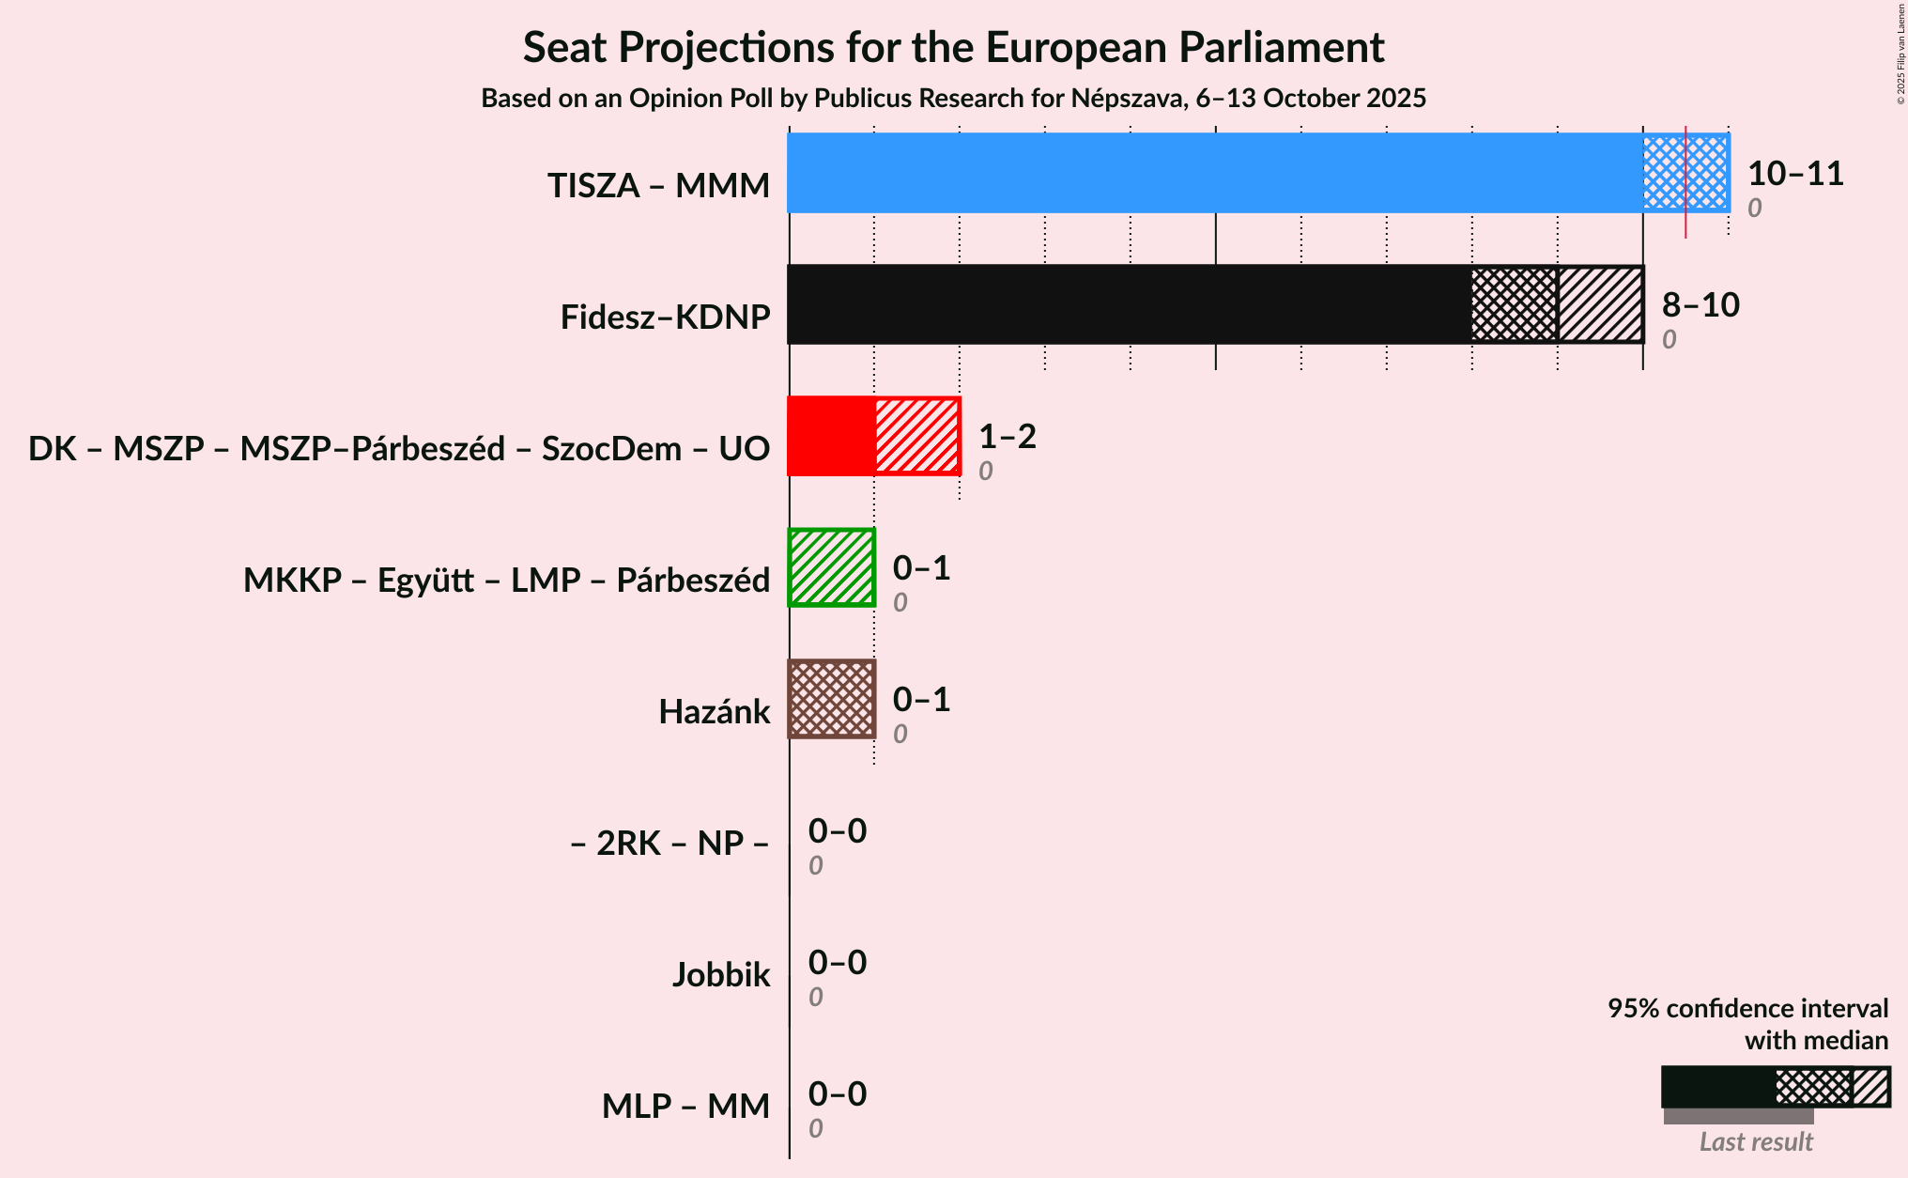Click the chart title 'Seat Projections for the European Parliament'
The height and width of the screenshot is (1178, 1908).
953,48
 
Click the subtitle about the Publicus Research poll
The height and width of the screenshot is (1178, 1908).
953,99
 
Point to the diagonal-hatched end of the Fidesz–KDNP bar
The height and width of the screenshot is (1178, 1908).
1600,304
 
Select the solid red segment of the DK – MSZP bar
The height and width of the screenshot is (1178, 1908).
831,436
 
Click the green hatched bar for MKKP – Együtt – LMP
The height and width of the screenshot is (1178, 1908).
832,567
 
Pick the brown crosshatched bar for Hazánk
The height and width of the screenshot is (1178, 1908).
832,699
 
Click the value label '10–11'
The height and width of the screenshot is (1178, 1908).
1795,174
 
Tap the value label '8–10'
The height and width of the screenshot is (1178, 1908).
1700,305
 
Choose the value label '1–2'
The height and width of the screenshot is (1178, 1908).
1007,437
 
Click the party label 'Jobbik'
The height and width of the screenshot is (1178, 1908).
721,975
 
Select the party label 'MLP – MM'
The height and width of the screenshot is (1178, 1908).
685,1107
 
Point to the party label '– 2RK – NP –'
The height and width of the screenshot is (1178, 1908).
669,844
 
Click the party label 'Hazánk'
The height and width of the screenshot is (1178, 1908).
714,712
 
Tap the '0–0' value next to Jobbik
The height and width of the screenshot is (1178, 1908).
838,963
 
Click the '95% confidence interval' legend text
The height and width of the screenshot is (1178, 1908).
1746,1009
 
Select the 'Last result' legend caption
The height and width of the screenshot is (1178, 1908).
1756,1142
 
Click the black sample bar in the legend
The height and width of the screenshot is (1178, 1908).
1717,1088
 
